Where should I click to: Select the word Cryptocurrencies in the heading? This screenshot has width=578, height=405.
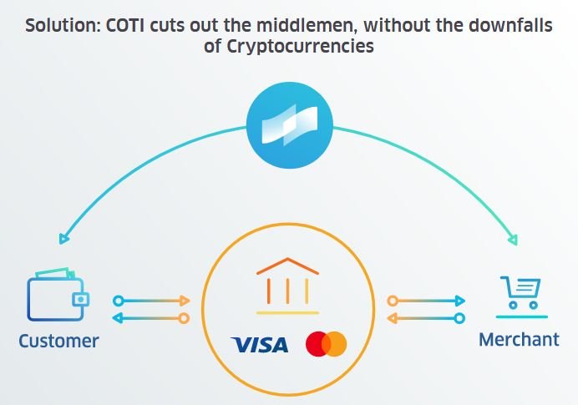click(x=300, y=47)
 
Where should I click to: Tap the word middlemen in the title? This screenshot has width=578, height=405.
click(x=309, y=26)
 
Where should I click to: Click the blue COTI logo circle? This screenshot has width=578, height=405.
click(x=290, y=125)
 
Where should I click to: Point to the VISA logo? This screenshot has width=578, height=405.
click(x=260, y=345)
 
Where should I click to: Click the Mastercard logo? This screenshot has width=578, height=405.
click(x=327, y=344)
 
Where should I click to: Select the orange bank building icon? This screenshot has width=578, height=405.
click(x=287, y=286)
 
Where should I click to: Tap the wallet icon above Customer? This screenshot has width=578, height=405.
click(x=58, y=294)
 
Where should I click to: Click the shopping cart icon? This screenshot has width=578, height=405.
click(x=521, y=297)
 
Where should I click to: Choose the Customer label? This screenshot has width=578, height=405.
click(x=58, y=342)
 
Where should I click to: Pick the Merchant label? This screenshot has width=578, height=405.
click(x=519, y=339)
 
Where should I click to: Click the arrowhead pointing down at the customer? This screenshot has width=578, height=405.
click(x=63, y=239)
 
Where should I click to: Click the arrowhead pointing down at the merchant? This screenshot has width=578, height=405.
click(x=513, y=240)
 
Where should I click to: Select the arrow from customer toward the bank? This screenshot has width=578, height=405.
click(x=151, y=301)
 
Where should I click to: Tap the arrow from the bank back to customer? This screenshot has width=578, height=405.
click(x=151, y=318)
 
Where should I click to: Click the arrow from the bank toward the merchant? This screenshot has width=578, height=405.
click(x=426, y=301)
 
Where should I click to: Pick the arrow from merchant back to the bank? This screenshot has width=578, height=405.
click(x=426, y=318)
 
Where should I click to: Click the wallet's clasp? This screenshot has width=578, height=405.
click(x=80, y=299)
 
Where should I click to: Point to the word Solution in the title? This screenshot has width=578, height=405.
click(x=63, y=26)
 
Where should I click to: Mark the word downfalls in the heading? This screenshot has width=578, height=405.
click(x=510, y=26)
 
